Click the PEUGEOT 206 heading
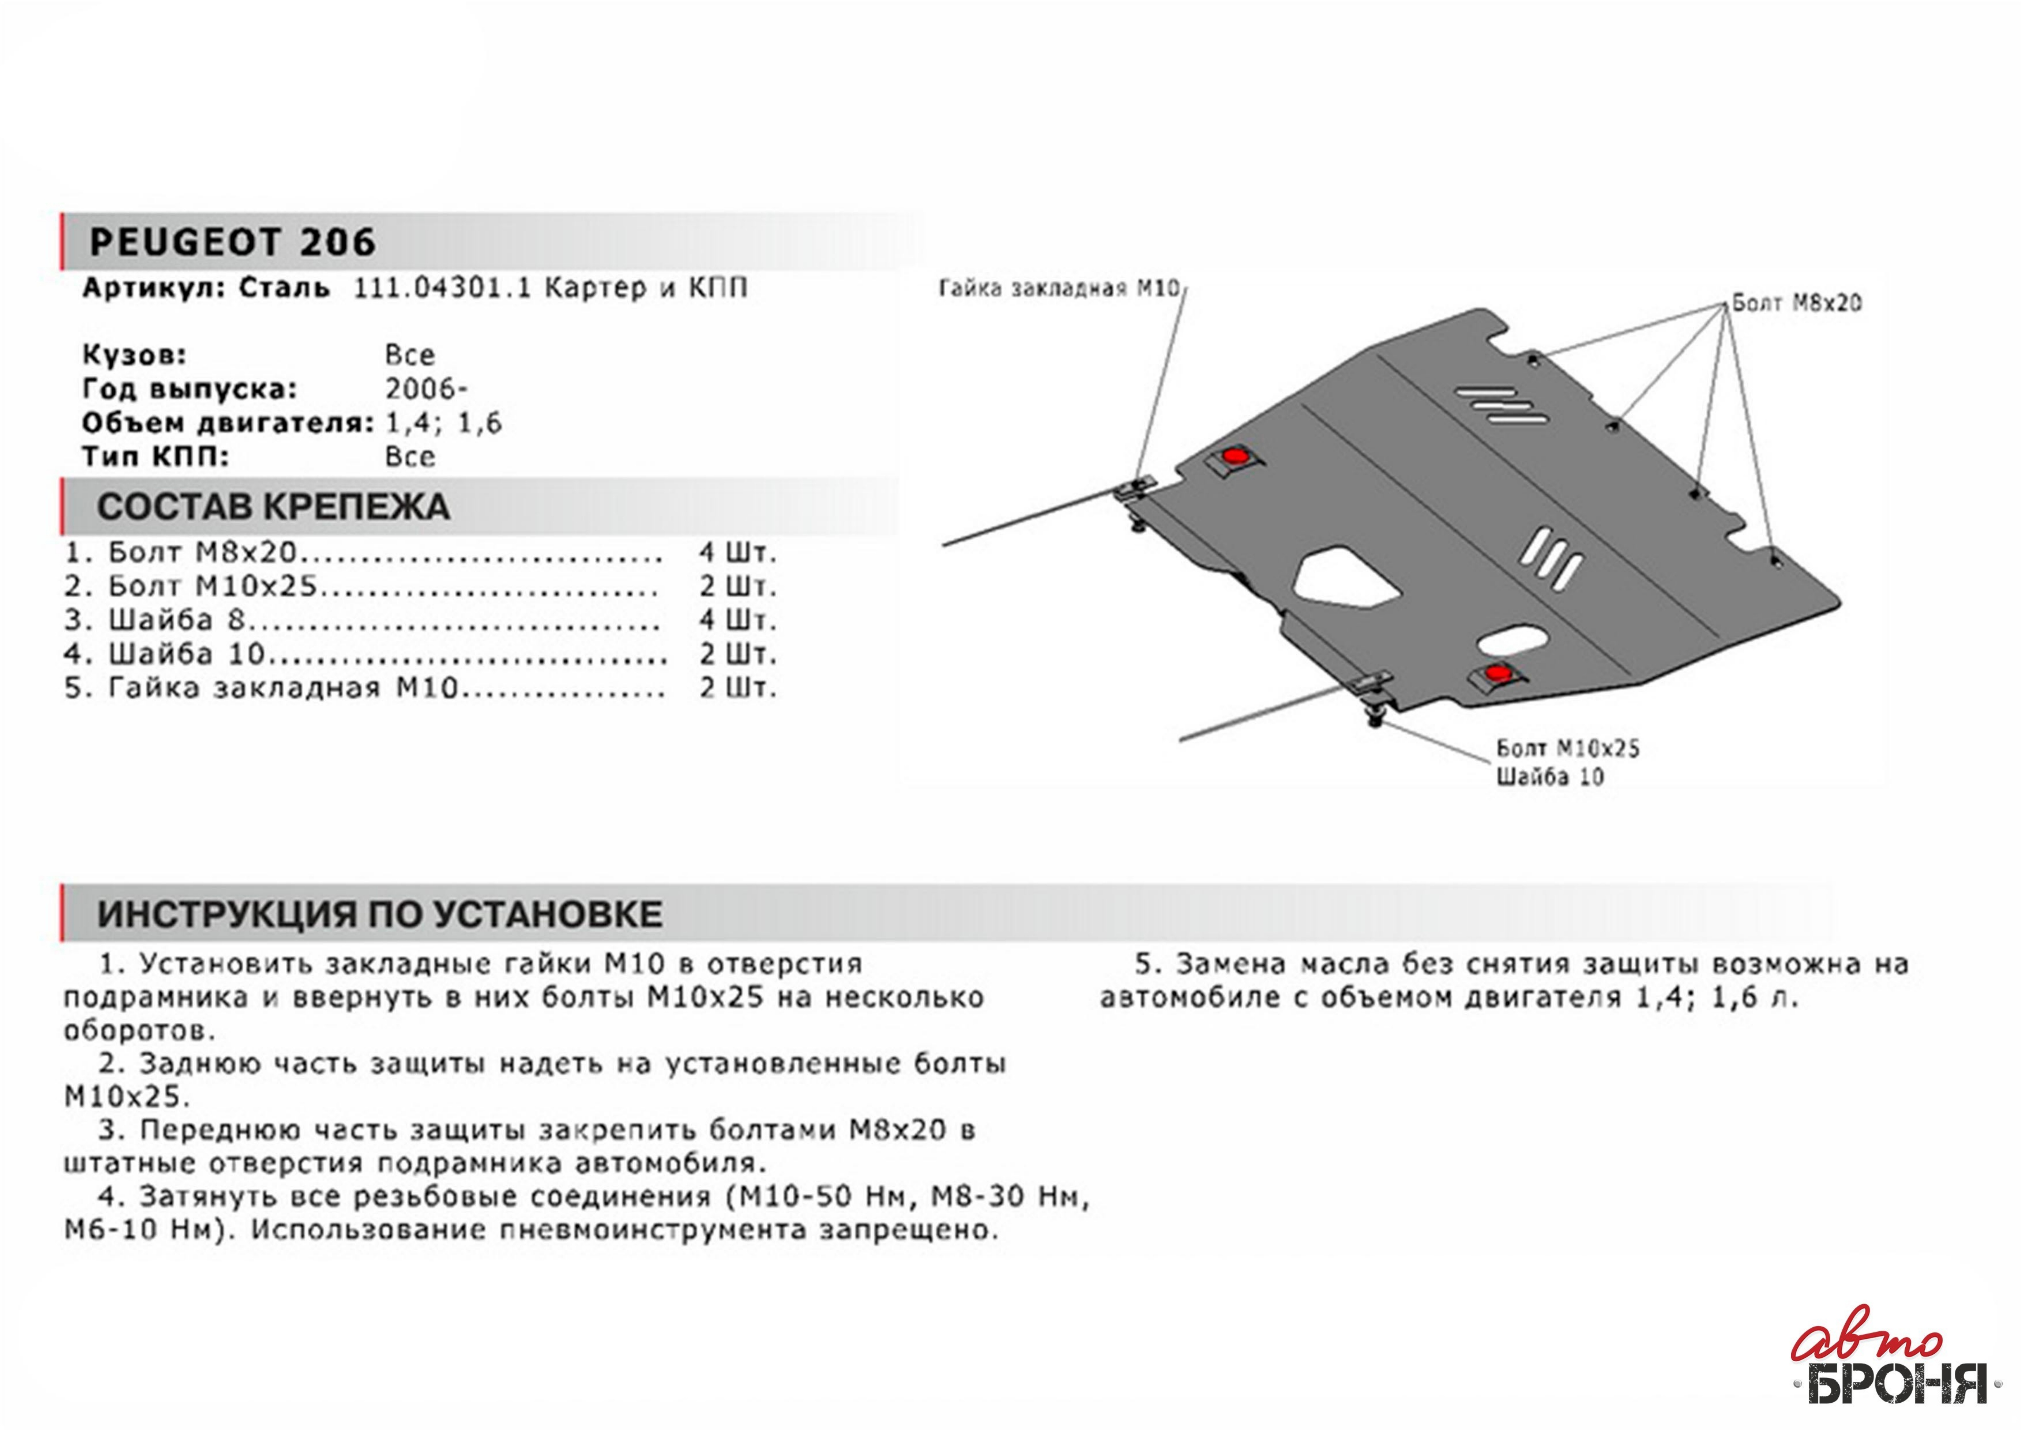[232, 242]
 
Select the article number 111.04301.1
[441, 289]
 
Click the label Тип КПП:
[155, 457]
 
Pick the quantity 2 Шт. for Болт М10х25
[737, 587]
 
